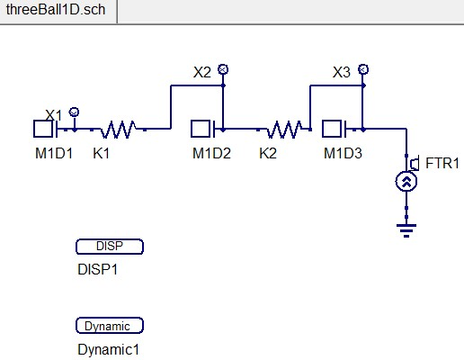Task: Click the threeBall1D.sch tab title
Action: [x=55, y=9]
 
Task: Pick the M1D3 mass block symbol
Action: [x=335, y=129]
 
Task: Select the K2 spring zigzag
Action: [x=284, y=130]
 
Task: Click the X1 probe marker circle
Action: [x=74, y=111]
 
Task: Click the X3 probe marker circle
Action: [x=362, y=68]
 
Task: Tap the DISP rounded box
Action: [x=110, y=247]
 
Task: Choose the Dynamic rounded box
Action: [x=110, y=326]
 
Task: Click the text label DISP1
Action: [x=98, y=269]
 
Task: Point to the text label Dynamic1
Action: [x=108, y=349]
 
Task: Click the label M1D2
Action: [x=211, y=153]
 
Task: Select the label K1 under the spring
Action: [x=102, y=153]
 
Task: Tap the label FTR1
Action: [x=442, y=163]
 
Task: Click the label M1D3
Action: [x=343, y=153]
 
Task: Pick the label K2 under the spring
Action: [x=268, y=153]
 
